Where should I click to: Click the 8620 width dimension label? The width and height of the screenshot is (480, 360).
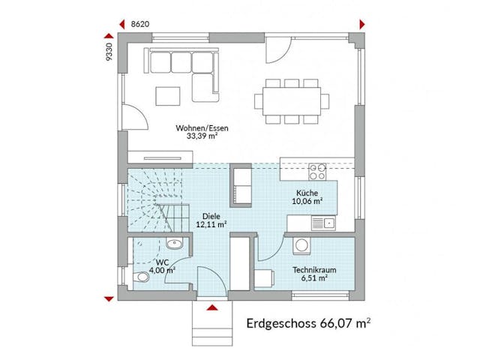140,24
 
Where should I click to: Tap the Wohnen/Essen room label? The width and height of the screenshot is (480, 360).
198,128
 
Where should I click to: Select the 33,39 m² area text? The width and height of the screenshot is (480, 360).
198,137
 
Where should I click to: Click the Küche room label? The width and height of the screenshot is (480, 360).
307,192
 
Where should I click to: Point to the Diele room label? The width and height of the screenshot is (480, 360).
211,214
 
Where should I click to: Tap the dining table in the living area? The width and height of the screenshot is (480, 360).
291,99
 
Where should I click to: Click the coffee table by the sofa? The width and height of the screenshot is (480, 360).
167,95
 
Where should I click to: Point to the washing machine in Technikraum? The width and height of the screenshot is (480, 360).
301,244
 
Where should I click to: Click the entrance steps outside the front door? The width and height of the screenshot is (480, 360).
211,322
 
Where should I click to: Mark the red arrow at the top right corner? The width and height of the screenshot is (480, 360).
363,23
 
